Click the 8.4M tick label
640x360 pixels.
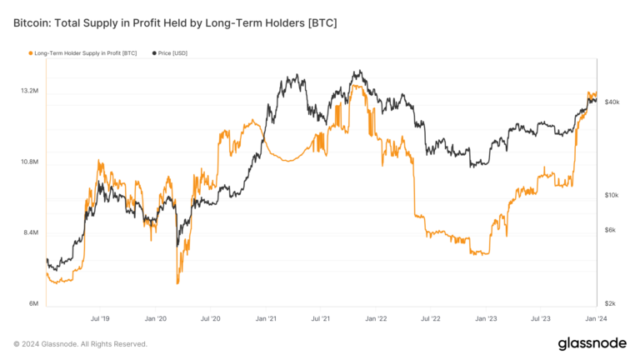coord(30,232)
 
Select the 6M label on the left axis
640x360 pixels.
coord(32,303)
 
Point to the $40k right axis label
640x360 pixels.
coord(612,102)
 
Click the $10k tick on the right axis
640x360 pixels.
coord(612,195)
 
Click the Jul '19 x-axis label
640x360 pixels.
coord(100,318)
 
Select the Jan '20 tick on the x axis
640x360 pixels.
coord(156,318)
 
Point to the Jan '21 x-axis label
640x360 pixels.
coord(267,318)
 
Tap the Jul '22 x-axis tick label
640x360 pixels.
coord(431,318)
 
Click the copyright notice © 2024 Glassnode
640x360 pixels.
coord(80,343)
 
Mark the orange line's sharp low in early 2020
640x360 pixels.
coord(177,283)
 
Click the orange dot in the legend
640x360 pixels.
coord(31,53)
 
